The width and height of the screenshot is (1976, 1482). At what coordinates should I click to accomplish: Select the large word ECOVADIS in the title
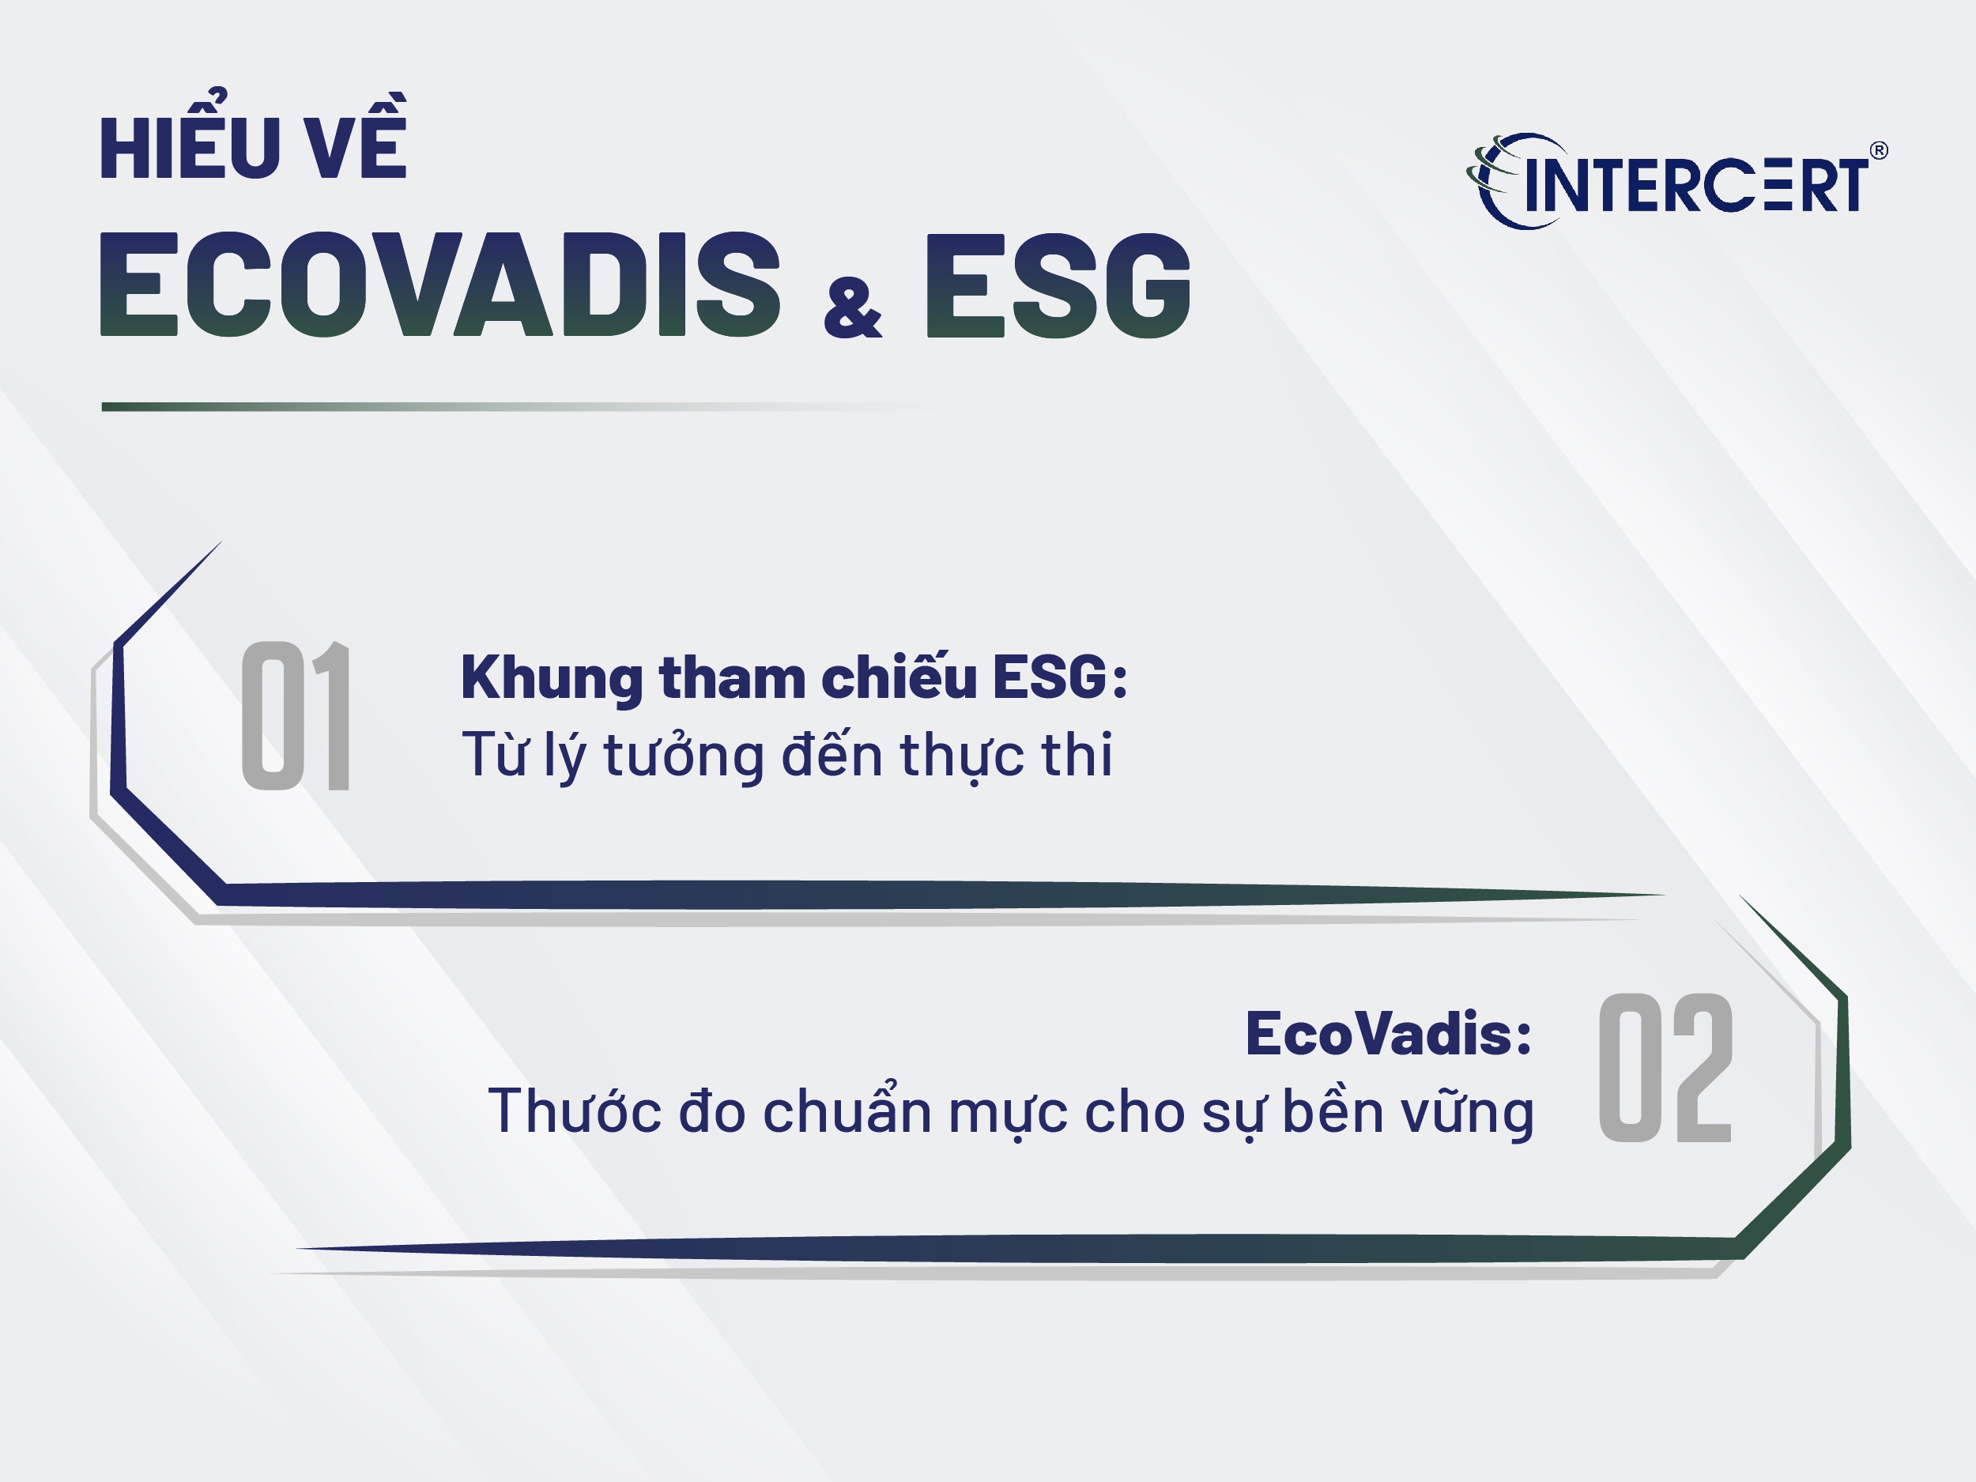pos(439,284)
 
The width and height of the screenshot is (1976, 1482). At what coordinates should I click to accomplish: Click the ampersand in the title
pos(853,308)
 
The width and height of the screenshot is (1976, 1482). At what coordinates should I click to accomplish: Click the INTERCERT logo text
pos(1696,185)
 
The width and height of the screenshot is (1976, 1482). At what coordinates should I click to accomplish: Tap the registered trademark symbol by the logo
pos(1879,150)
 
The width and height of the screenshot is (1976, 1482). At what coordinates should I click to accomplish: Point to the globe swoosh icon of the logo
pos(1510,181)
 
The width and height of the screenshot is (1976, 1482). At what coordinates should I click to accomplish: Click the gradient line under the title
pos(527,406)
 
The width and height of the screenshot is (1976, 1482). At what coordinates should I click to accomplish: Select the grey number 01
pos(296,715)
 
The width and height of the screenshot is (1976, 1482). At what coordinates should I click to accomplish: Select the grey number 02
pos(1665,1068)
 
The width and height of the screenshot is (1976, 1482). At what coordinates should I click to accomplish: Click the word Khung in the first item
pos(551,679)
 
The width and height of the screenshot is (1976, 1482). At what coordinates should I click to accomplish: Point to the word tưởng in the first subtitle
pos(684,756)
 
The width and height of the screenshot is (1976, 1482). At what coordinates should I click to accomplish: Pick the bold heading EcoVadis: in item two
pos(1388,1034)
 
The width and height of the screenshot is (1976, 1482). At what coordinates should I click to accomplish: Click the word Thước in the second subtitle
pos(575,1111)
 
